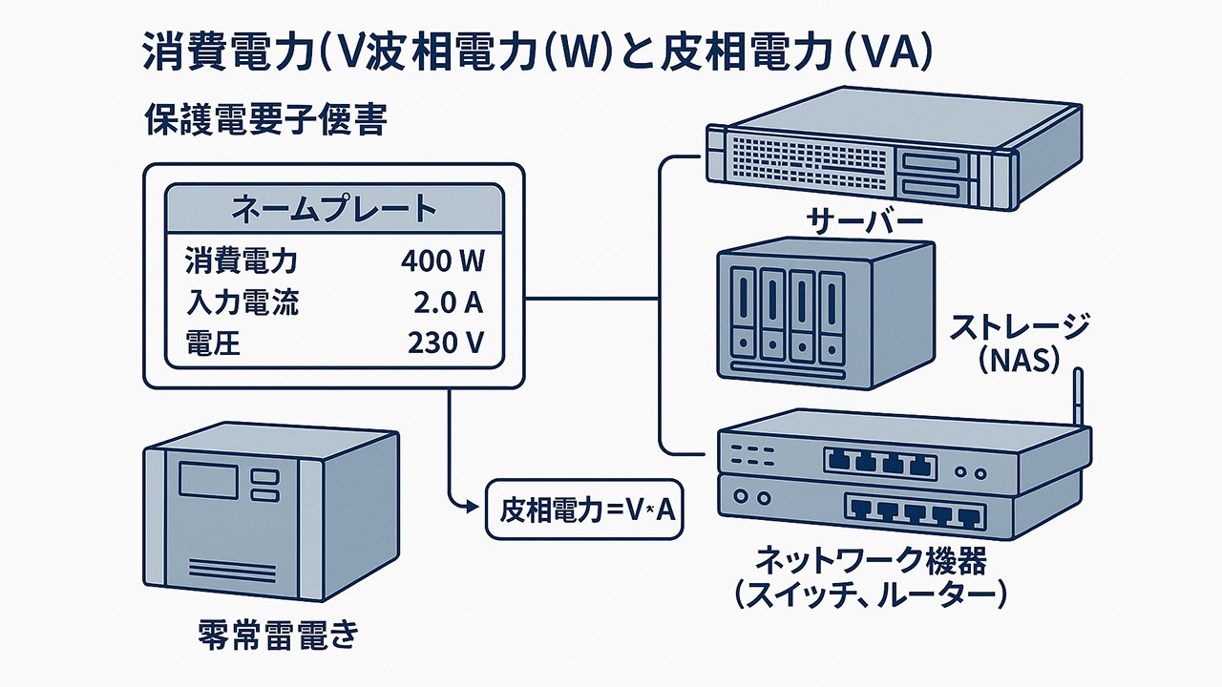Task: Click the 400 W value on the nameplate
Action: pos(442,260)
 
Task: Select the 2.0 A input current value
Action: pos(445,302)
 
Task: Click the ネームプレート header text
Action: pos(334,208)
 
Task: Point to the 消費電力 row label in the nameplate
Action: pos(241,260)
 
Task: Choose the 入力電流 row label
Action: pos(241,302)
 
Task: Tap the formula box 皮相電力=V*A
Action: pos(585,510)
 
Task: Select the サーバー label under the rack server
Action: pos(865,222)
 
